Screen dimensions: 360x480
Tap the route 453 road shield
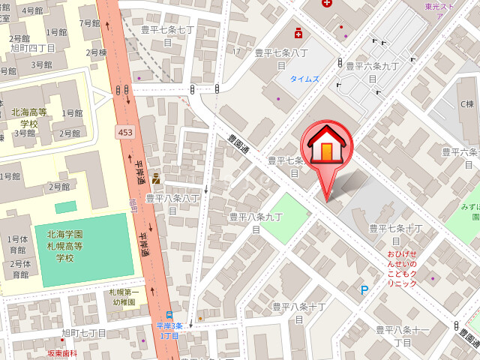(125, 132)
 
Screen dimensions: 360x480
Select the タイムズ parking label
(304, 78)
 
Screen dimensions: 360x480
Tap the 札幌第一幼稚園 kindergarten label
(124, 297)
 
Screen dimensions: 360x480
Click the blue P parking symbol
(365, 290)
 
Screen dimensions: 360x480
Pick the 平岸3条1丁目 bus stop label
(169, 330)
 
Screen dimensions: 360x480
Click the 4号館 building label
(32, 10)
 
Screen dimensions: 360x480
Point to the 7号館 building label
(89, 23)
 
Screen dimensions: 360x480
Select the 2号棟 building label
(96, 52)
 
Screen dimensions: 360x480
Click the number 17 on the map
(237, 51)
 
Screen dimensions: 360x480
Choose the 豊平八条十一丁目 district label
(402, 335)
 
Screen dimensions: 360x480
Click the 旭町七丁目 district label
(84, 333)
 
